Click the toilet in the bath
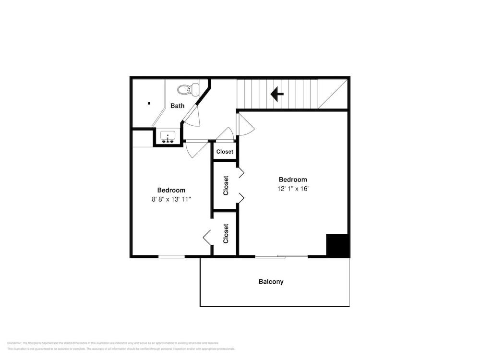(x=188, y=89)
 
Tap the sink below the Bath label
(x=168, y=137)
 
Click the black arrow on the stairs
(x=277, y=94)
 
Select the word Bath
(x=178, y=106)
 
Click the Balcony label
(x=271, y=282)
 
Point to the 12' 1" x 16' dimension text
(x=293, y=189)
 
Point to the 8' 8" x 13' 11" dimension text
(x=171, y=199)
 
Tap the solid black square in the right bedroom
(x=337, y=245)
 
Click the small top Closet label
(x=225, y=152)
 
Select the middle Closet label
(x=226, y=186)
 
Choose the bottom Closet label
(x=226, y=233)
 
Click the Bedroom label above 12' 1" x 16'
(x=293, y=180)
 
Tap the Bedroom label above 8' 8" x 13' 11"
(x=171, y=190)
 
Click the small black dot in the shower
(x=149, y=103)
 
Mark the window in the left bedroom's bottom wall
(x=171, y=256)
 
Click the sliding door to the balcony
(x=281, y=256)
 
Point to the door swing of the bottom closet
(x=207, y=236)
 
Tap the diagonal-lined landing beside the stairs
(x=332, y=94)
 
